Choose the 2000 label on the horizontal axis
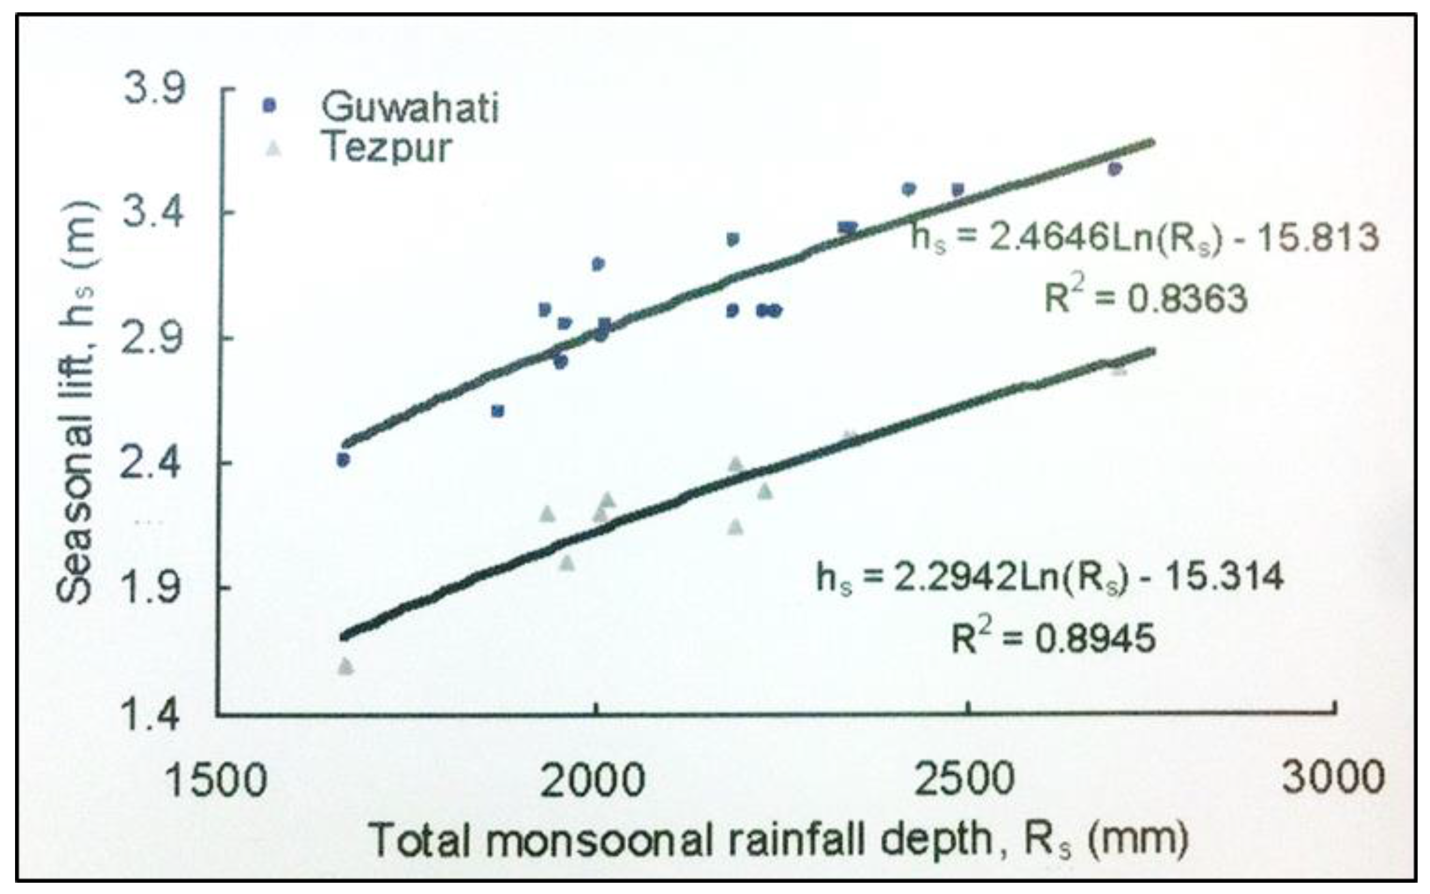coord(593,781)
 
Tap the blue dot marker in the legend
coord(269,105)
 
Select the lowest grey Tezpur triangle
coord(346,667)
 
